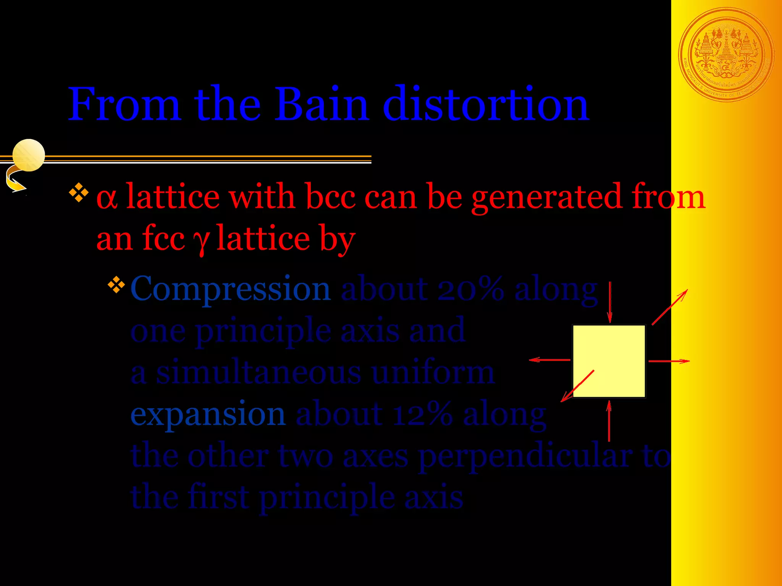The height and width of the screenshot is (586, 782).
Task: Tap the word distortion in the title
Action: tap(486, 104)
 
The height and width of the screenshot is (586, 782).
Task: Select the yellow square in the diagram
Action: tap(609, 361)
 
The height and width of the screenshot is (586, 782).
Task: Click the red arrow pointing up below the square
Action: tap(609, 421)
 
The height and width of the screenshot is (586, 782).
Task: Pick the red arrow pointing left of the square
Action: tap(549, 360)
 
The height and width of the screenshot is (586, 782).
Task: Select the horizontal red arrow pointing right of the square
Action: tap(669, 361)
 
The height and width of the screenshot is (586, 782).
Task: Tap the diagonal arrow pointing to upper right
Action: tap(670, 307)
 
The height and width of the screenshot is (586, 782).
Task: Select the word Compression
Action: tap(230, 289)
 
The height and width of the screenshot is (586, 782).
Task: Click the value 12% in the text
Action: tap(423, 415)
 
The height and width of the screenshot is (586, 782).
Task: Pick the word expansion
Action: tap(208, 415)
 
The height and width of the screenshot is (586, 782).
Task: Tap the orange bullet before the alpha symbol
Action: tap(79, 193)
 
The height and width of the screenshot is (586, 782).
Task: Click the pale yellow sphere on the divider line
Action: tap(29, 155)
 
